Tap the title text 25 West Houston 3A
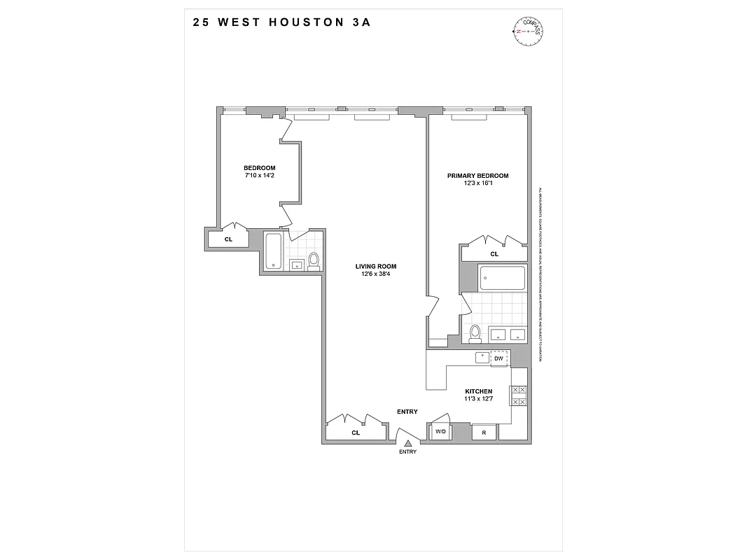[x=281, y=22]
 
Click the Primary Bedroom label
[x=477, y=176]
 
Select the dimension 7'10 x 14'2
[x=259, y=176]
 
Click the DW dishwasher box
[x=498, y=358]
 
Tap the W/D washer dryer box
[x=440, y=432]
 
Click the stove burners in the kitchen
[x=519, y=396]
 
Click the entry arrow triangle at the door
[x=407, y=442]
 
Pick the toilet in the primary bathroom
[x=475, y=332]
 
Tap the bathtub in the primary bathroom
[x=501, y=279]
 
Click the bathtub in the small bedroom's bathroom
[x=273, y=251]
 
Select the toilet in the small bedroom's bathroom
[x=314, y=260]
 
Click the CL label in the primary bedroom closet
[x=494, y=254]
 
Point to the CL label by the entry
[x=356, y=433]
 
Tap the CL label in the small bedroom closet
[x=228, y=239]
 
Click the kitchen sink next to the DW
[x=482, y=358]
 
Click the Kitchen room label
[x=480, y=391]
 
